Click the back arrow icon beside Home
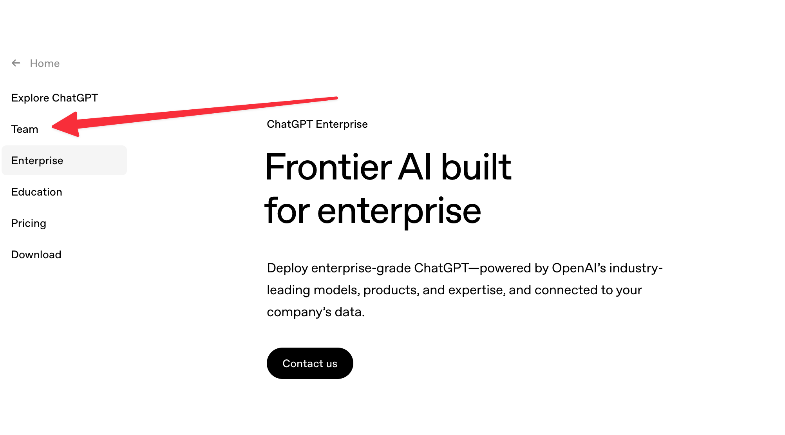coord(16,63)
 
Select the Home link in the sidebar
coord(45,63)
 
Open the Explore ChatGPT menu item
coord(54,98)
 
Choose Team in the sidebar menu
coord(25,129)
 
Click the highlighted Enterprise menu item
coord(64,160)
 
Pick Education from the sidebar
coord(37,192)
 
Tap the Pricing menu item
coord(29,223)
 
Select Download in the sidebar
coord(36,255)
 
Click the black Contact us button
coord(310,363)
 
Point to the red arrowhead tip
coord(52,126)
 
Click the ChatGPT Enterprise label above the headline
coord(317,124)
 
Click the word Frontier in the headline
coord(328,167)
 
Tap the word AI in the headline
coord(415,167)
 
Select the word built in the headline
coord(476,167)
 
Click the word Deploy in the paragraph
coord(288,268)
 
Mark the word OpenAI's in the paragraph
coord(579,268)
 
